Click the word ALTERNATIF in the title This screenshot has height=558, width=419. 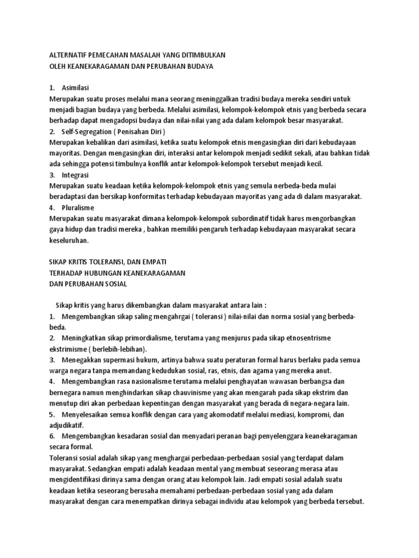coord(69,55)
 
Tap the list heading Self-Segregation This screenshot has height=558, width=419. coord(88,131)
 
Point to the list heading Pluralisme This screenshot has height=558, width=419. coord(79,208)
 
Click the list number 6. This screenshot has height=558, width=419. coord(52,436)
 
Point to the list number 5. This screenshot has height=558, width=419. coord(52,415)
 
